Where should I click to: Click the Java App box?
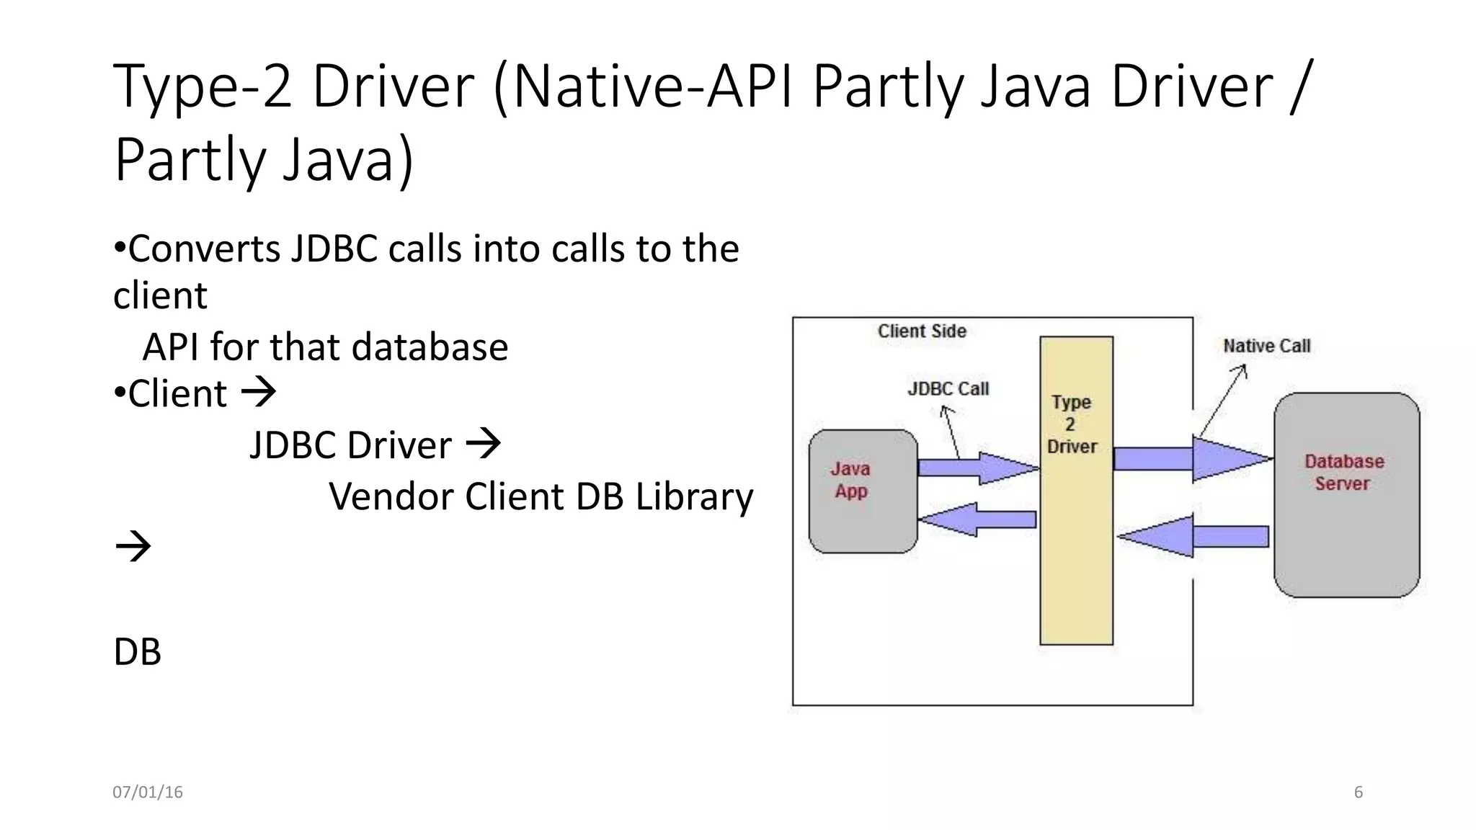point(863,491)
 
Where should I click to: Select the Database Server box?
point(1346,495)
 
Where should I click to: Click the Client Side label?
point(922,331)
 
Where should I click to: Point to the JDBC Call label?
point(948,389)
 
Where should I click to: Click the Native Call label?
point(1266,347)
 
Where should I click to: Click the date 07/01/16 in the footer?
point(148,793)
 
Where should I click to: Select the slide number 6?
point(1358,793)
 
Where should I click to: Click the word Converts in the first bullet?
point(204,249)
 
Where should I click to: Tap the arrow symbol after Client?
point(258,393)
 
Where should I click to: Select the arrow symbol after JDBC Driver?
point(483,444)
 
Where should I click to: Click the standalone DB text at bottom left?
point(138,652)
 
